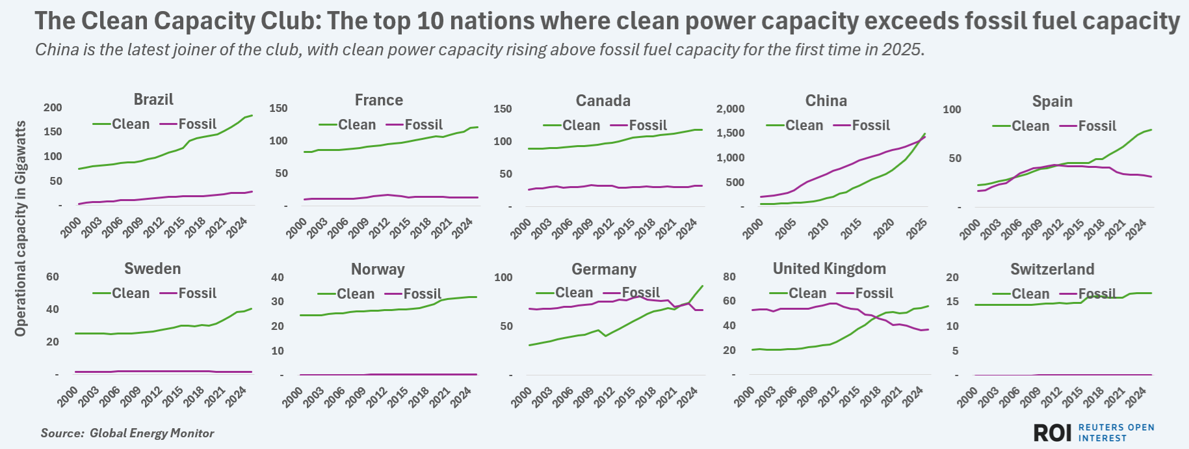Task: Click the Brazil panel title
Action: (153, 100)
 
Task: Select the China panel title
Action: (826, 101)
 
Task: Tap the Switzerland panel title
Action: (1052, 269)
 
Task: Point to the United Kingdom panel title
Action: (829, 269)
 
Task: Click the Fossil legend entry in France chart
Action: (423, 125)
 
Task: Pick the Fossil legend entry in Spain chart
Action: (1097, 126)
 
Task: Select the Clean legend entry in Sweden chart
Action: (130, 293)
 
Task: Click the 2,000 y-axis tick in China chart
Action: (730, 109)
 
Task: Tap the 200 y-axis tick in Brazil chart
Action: (53, 108)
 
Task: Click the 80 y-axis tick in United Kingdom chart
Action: (729, 277)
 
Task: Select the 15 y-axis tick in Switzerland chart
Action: (952, 302)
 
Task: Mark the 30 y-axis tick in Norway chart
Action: (278, 302)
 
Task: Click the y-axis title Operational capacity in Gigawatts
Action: (21, 228)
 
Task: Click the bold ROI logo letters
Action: (1052, 433)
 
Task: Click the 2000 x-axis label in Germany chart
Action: (521, 397)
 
